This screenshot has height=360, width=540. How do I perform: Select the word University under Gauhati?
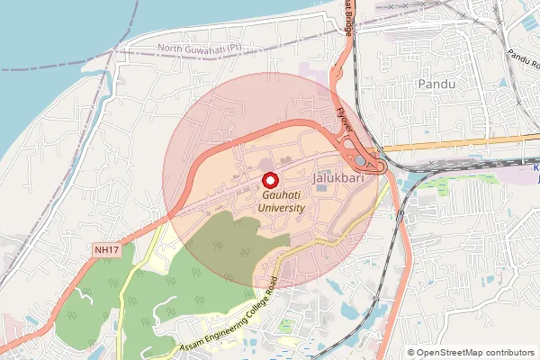pyautogui.click(x=281, y=208)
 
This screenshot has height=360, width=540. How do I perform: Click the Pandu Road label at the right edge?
pyautogui.click(x=521, y=61)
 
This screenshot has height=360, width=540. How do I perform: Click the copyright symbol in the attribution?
pyautogui.click(x=411, y=353)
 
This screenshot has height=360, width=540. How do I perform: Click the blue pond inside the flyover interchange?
pyautogui.click(x=362, y=161)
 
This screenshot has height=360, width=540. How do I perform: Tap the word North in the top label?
pyautogui.click(x=170, y=48)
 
